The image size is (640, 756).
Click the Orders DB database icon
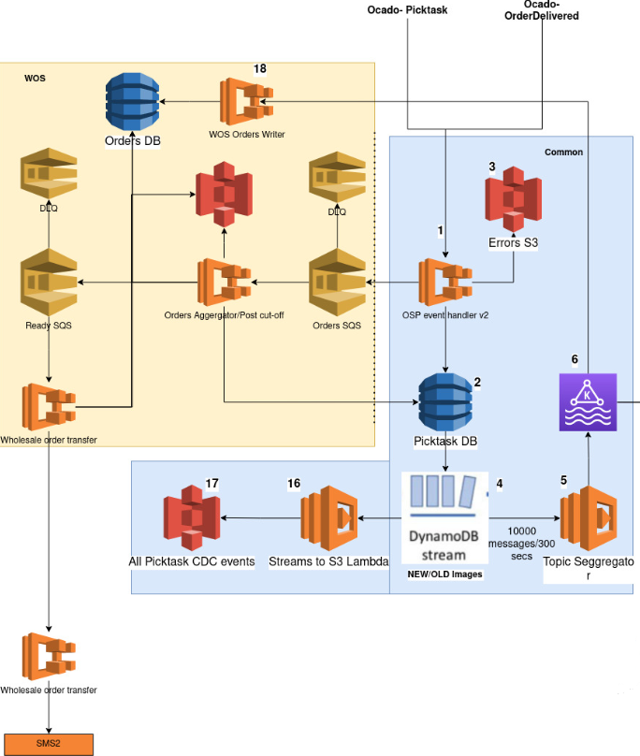pyautogui.click(x=132, y=102)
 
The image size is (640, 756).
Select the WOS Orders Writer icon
pyautogui.click(x=246, y=102)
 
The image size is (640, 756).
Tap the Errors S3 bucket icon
pyautogui.click(x=513, y=199)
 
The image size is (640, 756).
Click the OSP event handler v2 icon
pyautogui.click(x=445, y=282)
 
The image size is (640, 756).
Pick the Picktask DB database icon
pyautogui.click(x=445, y=402)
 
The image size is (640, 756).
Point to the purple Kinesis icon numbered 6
pyautogui.click(x=588, y=402)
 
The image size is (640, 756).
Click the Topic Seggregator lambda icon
pyautogui.click(x=589, y=518)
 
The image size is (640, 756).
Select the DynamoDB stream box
pyautogui.click(x=444, y=517)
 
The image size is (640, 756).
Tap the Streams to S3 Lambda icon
pyautogui.click(x=329, y=518)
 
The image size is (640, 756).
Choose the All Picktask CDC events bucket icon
pyautogui.click(x=192, y=518)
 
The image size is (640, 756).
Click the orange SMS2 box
pyautogui.click(x=49, y=744)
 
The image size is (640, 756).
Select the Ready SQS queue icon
pyautogui.click(x=49, y=282)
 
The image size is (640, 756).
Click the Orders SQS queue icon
pyautogui.click(x=337, y=282)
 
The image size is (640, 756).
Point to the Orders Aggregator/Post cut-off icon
pyautogui.click(x=225, y=282)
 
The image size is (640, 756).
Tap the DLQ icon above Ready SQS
pyautogui.click(x=49, y=174)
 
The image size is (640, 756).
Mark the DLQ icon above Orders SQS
pyautogui.click(x=337, y=177)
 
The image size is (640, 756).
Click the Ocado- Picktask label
pyautogui.click(x=408, y=10)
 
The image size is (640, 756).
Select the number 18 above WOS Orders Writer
pyautogui.click(x=260, y=68)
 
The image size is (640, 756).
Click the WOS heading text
pyautogui.click(x=35, y=78)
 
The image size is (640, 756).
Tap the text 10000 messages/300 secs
pyautogui.click(x=522, y=544)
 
